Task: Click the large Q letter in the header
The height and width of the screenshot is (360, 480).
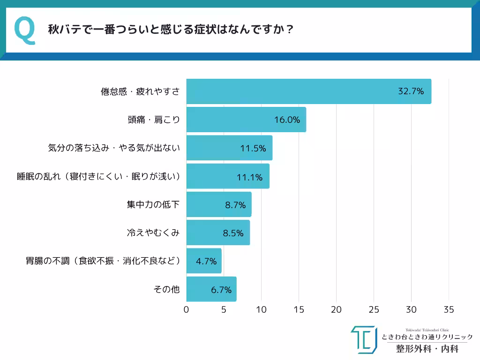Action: click(25, 30)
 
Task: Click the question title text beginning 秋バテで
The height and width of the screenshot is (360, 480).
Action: click(171, 30)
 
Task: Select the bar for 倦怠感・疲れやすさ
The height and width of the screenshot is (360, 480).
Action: click(308, 91)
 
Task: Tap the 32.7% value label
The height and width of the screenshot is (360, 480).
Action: click(411, 91)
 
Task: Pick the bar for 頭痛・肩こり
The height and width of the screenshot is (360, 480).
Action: click(246, 120)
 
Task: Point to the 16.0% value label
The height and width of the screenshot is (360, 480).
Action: click(287, 120)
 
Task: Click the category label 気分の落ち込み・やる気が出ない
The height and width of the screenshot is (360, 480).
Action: click(114, 148)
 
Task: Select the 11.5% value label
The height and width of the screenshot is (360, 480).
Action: click(253, 148)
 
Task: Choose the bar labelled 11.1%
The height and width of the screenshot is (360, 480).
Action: click(228, 176)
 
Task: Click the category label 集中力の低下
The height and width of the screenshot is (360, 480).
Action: click(153, 204)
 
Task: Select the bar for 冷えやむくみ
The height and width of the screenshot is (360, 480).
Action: click(218, 232)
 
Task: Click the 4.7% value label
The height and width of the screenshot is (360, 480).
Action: click(205, 261)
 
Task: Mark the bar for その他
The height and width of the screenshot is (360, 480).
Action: click(211, 289)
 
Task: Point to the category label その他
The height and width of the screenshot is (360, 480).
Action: click(166, 289)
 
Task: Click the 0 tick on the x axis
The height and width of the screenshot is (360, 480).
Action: click(187, 310)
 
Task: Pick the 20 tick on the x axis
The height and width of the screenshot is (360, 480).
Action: click(336, 310)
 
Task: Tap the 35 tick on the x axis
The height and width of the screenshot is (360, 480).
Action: click(449, 310)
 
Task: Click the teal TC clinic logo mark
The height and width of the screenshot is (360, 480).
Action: click(363, 339)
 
